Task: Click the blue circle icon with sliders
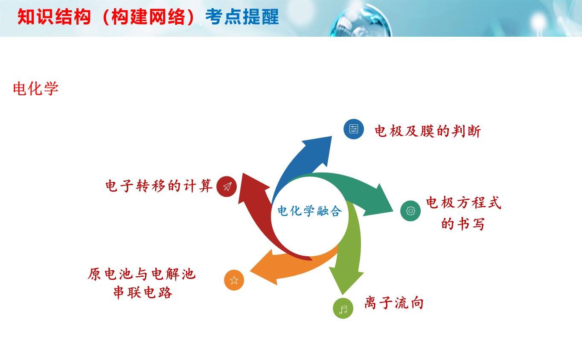coord(353,129)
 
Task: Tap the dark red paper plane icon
coord(227,187)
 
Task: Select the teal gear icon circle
coord(410,211)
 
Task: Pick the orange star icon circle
coord(234,280)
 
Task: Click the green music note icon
coord(343,308)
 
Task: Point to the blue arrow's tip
coord(332,137)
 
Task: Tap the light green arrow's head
coord(343,295)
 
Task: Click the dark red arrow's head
coord(243,173)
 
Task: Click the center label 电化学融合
coord(309,211)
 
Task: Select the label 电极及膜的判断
coord(428,131)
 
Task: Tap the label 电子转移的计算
coord(159,186)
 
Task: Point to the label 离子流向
coord(394,302)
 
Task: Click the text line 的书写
coord(463,224)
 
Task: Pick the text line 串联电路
coord(143,293)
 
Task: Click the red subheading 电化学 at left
coord(35,88)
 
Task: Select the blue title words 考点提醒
coord(242,17)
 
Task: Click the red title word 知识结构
coord(54,17)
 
